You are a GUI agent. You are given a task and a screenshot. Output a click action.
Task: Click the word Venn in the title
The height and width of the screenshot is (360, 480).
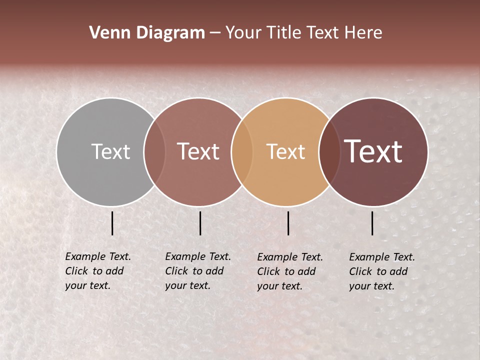coord(105,33)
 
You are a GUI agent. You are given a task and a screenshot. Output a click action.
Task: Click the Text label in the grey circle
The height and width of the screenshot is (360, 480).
coord(110,151)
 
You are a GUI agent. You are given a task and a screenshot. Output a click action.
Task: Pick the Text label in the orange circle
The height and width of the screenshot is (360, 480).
coord(285,151)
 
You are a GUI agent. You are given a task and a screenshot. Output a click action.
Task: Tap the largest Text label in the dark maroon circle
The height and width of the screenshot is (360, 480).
coord(373,151)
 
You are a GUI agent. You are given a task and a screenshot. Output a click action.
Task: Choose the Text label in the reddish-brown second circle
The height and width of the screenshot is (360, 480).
coord(198,151)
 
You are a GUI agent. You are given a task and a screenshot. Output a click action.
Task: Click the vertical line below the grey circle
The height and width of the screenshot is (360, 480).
coord(112,223)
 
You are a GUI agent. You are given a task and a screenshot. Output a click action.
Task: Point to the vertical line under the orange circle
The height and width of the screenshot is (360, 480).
coord(288,223)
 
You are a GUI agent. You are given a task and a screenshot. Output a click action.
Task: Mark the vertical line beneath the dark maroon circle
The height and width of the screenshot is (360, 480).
coord(372,223)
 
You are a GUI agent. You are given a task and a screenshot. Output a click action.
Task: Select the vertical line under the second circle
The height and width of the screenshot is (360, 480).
coord(200,223)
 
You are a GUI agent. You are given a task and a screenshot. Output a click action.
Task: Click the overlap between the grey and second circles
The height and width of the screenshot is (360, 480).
coord(154,151)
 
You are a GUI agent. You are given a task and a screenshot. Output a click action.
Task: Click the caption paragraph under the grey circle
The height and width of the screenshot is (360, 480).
coord(98,271)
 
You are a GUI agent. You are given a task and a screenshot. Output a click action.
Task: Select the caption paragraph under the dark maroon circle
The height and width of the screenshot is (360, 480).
coord(381,271)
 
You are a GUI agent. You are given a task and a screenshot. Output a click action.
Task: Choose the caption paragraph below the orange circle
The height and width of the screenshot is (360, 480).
coord(289,271)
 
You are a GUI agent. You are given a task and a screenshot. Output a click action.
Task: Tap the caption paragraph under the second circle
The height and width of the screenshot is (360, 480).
coord(197,271)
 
